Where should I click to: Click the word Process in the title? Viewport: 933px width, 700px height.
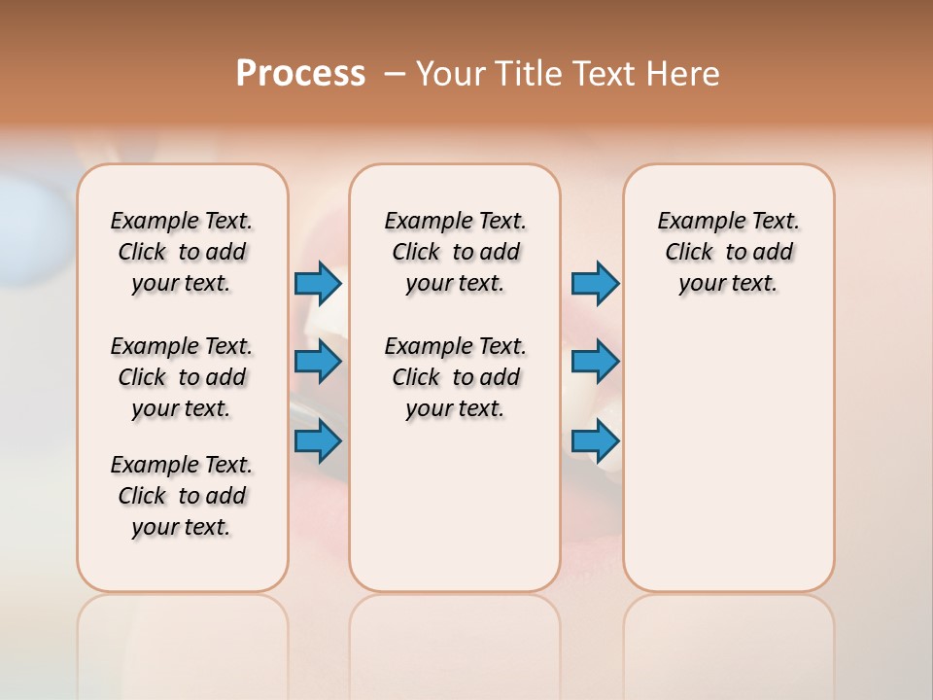[300, 74]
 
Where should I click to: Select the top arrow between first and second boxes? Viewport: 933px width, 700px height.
[318, 284]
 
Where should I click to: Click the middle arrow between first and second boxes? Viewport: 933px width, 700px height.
[318, 363]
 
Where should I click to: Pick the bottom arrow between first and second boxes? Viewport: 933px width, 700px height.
[318, 442]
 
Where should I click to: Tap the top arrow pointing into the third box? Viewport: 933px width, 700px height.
[595, 284]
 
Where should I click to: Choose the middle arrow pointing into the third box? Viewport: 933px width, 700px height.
[595, 363]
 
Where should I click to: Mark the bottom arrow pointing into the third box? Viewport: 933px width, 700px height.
[595, 442]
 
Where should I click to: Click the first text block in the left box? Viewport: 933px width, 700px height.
[182, 252]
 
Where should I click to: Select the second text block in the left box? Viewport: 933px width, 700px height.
[182, 377]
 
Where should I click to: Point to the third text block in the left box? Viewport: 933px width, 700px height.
[182, 496]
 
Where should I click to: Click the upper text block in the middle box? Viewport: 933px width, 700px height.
[456, 252]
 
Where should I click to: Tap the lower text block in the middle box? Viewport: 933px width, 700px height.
[456, 377]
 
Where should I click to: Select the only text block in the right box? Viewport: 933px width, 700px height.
[729, 252]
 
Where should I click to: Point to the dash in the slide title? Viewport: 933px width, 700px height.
[395, 74]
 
